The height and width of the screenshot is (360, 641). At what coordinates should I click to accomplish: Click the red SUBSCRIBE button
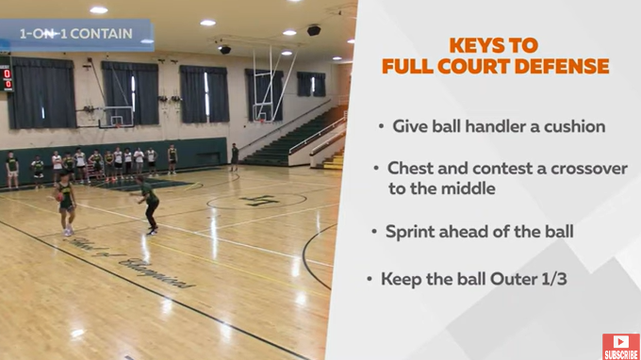(620, 346)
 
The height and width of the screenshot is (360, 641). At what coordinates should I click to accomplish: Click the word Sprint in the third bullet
(413, 231)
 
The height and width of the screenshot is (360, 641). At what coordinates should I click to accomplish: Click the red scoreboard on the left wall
(7, 79)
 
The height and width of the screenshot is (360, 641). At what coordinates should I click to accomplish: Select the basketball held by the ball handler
(58, 196)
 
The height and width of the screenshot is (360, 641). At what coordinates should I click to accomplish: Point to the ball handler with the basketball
(66, 203)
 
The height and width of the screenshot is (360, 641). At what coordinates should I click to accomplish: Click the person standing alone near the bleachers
(235, 156)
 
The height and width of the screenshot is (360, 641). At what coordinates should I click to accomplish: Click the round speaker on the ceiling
(314, 30)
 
